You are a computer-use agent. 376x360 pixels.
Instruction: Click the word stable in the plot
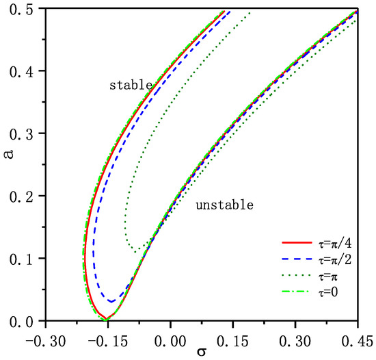(131, 86)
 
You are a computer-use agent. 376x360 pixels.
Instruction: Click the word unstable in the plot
(224, 205)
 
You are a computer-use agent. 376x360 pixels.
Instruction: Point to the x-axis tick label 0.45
(358, 339)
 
